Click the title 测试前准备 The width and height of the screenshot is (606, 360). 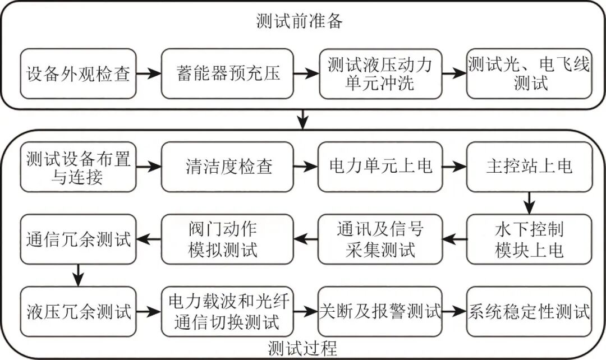(300, 21)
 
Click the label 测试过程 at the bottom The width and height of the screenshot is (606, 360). (302, 348)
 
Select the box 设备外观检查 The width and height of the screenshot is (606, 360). (78, 73)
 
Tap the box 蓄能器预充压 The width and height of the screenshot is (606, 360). (227, 73)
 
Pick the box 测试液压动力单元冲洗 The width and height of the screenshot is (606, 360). (380, 73)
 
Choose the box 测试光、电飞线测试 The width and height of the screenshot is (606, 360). (529, 73)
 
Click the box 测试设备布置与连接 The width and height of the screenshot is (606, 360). (78, 167)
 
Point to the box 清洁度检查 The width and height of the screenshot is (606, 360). (227, 167)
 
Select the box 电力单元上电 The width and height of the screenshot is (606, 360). (380, 167)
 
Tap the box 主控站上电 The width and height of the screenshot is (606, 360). (529, 167)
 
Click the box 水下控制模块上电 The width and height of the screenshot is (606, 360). (529, 239)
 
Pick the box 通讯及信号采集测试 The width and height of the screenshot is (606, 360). (380, 239)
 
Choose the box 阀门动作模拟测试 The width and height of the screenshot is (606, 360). (227, 239)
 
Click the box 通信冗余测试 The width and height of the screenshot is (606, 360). (78, 239)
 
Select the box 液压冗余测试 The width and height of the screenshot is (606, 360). (78, 312)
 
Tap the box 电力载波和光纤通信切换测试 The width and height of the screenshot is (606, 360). (227, 312)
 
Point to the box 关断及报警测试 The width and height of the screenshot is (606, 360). (380, 312)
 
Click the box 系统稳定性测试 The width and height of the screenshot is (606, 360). (529, 312)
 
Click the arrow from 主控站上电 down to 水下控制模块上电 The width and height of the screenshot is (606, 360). (529, 203)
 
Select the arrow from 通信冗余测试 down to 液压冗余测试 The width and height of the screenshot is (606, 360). (78, 275)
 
